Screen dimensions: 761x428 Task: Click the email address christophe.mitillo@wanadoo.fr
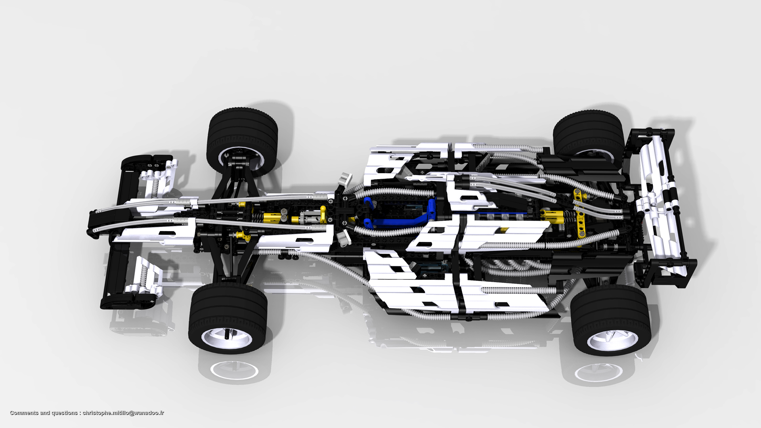[x=123, y=413]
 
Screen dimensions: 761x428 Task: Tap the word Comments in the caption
[x=23, y=413]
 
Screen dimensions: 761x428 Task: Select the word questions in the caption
[x=65, y=413]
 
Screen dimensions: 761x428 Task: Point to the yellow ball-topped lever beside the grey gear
[x=323, y=214]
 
